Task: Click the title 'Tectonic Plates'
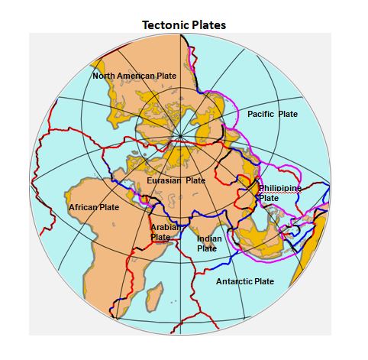pyautogui.click(x=184, y=25)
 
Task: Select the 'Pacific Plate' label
pyautogui.click(x=273, y=114)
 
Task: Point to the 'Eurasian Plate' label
pyautogui.click(x=176, y=180)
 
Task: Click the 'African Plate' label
pyautogui.click(x=94, y=207)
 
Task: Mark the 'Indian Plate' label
pyautogui.click(x=208, y=243)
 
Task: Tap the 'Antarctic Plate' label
pyautogui.click(x=245, y=281)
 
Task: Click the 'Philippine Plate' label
pyautogui.click(x=279, y=193)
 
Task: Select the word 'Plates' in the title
pyautogui.click(x=208, y=25)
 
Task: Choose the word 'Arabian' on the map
pyautogui.click(x=163, y=228)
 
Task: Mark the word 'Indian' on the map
pyautogui.click(x=209, y=238)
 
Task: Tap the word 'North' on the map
pyautogui.click(x=105, y=76)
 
